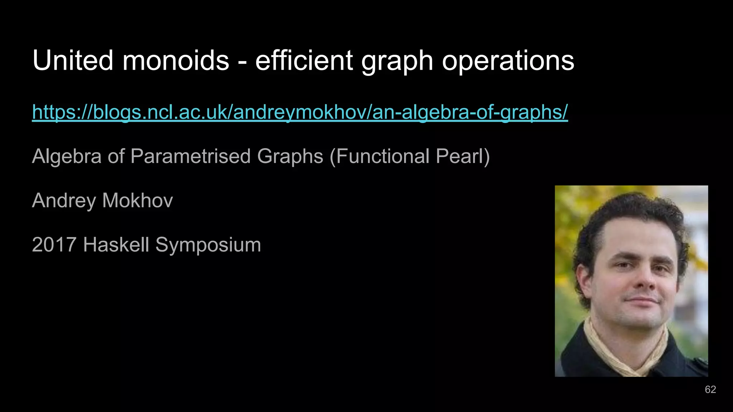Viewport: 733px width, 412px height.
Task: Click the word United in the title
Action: [73, 60]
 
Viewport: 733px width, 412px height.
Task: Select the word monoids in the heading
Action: [176, 60]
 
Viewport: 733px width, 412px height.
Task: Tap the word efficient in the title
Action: [304, 60]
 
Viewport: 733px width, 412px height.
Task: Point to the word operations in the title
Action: [508, 60]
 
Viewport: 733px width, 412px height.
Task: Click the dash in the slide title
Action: [242, 62]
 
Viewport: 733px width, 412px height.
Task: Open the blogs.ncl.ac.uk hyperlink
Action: [300, 112]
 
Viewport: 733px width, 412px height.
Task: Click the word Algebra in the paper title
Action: [67, 156]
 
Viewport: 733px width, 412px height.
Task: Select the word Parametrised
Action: [190, 156]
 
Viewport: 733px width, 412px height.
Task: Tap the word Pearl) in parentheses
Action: [463, 156]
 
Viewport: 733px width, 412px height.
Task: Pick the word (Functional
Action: [379, 156]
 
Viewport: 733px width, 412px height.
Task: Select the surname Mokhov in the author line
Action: [137, 201]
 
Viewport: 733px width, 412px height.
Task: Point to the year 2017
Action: [54, 245]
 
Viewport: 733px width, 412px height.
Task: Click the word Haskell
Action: [116, 245]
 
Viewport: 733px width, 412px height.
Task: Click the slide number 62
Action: [710, 389]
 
